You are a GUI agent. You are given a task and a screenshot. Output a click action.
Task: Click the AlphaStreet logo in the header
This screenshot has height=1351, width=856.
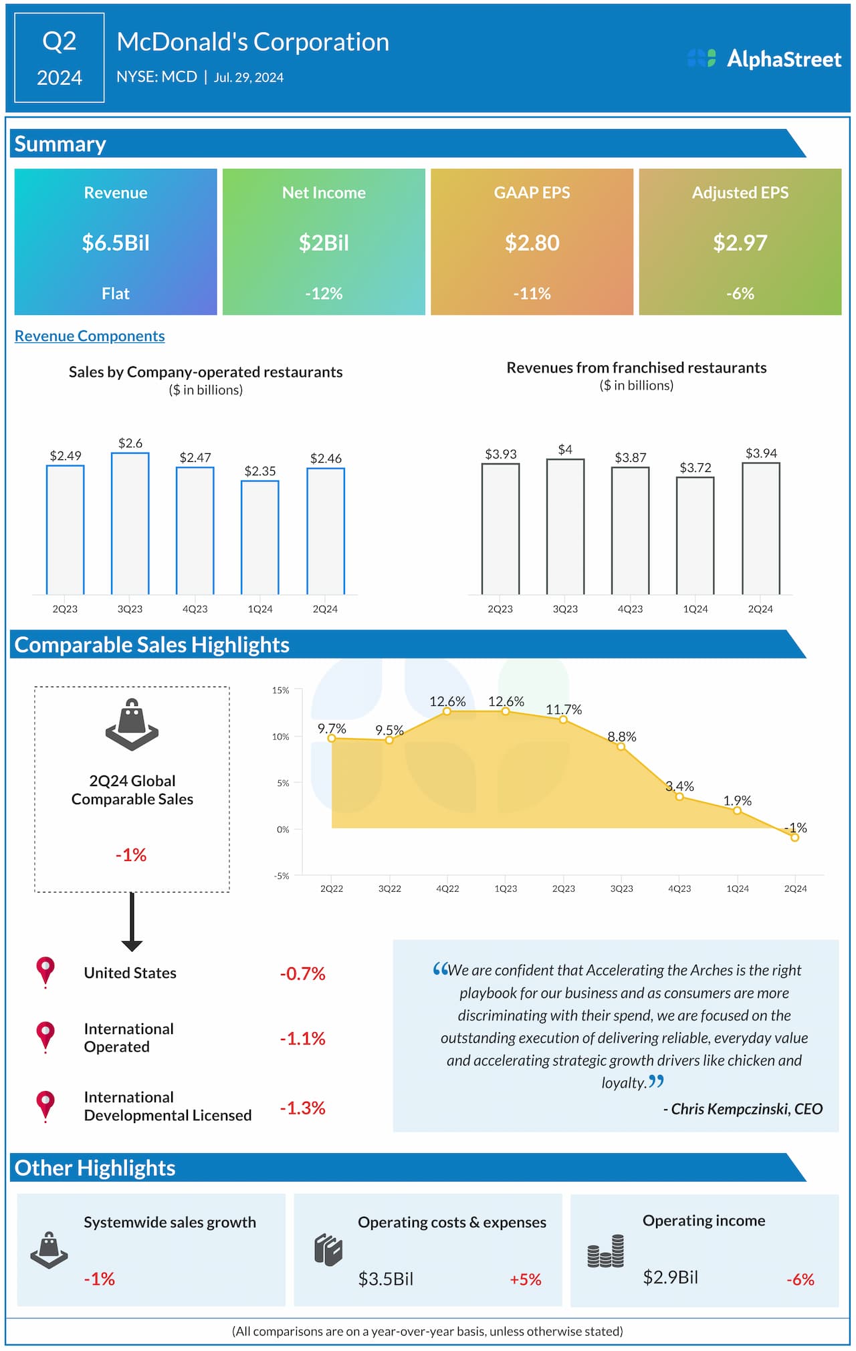tap(764, 59)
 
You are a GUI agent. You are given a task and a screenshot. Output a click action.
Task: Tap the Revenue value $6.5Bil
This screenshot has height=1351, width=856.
tap(116, 243)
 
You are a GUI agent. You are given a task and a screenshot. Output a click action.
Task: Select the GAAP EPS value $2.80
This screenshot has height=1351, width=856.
tap(532, 243)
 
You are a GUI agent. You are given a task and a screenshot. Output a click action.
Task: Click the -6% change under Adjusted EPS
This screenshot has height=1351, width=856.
tap(740, 293)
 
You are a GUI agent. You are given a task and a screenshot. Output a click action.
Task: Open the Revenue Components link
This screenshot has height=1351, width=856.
tap(90, 336)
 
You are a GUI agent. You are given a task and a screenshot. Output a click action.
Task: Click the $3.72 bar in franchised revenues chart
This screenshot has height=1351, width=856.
tap(695, 535)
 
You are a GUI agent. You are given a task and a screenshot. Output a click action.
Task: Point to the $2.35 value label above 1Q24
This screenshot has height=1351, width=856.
tap(260, 471)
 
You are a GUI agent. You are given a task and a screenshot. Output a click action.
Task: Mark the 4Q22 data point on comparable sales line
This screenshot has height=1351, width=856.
tap(447, 711)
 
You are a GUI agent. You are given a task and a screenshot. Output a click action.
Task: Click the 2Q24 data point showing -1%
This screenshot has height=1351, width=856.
tap(795, 838)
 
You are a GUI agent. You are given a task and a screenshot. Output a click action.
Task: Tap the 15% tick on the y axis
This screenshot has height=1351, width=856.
tap(281, 691)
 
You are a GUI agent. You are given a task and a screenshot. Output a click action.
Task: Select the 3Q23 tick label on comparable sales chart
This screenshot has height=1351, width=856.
tap(621, 888)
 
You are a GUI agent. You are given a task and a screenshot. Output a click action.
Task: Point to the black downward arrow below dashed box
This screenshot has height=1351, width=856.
tap(132, 923)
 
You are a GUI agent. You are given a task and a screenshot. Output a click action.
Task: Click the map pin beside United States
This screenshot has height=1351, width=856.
tap(45, 971)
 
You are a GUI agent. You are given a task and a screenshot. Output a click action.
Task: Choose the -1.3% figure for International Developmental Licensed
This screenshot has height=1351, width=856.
tap(302, 1108)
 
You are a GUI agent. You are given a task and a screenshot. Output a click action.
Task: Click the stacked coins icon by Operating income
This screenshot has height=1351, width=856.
tap(606, 1251)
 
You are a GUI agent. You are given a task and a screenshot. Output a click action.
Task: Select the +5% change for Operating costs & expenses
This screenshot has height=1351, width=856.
tap(525, 1279)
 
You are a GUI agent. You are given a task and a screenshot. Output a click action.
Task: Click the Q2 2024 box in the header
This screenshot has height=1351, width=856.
tap(60, 58)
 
